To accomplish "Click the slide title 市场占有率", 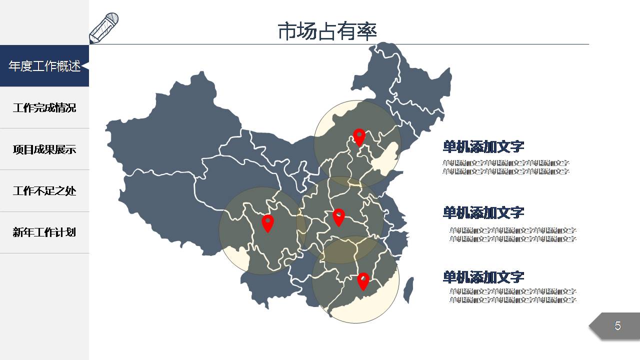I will [x=327, y=31].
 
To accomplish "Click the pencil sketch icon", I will [x=103, y=28].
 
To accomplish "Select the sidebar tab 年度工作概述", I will [x=44, y=66].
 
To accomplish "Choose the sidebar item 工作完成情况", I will [x=44, y=107].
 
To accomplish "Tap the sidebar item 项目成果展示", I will [x=44, y=149].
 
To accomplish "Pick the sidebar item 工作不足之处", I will [x=44, y=190].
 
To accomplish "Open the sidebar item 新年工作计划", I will [x=44, y=232].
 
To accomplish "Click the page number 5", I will [x=617, y=326].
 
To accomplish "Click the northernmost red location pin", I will [x=359, y=136].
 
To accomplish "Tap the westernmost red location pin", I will [x=268, y=222].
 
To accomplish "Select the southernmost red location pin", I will [x=363, y=280].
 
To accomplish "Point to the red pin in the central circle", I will [x=339, y=216].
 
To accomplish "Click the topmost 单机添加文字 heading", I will [x=483, y=146].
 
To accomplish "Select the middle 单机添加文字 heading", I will [x=483, y=212].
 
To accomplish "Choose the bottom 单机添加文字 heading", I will [x=483, y=276].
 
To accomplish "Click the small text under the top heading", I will [x=506, y=167].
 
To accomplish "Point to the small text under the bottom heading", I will [x=512, y=295].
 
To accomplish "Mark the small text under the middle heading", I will [x=512, y=234].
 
